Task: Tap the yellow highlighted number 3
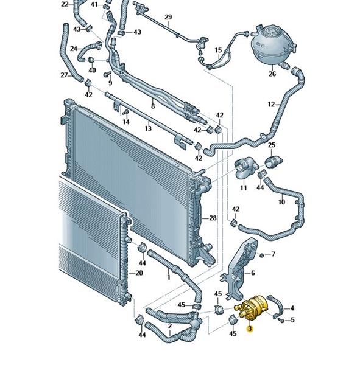(250, 328)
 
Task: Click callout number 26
(272, 74)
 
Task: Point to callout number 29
(168, 17)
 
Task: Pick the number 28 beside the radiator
(213, 218)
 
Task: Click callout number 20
(139, 273)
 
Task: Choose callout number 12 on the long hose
(271, 105)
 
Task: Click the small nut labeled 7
(261, 255)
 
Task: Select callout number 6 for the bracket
(253, 273)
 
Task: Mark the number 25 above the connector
(272, 145)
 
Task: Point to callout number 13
(148, 128)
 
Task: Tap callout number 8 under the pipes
(153, 106)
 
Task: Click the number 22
(65, 4)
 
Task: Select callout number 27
(64, 75)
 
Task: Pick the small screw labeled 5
(281, 321)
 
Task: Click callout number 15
(218, 50)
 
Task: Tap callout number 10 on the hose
(281, 202)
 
